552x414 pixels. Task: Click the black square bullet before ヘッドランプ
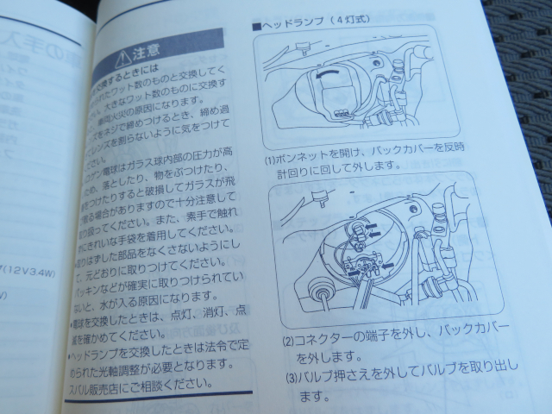point(255,27)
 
